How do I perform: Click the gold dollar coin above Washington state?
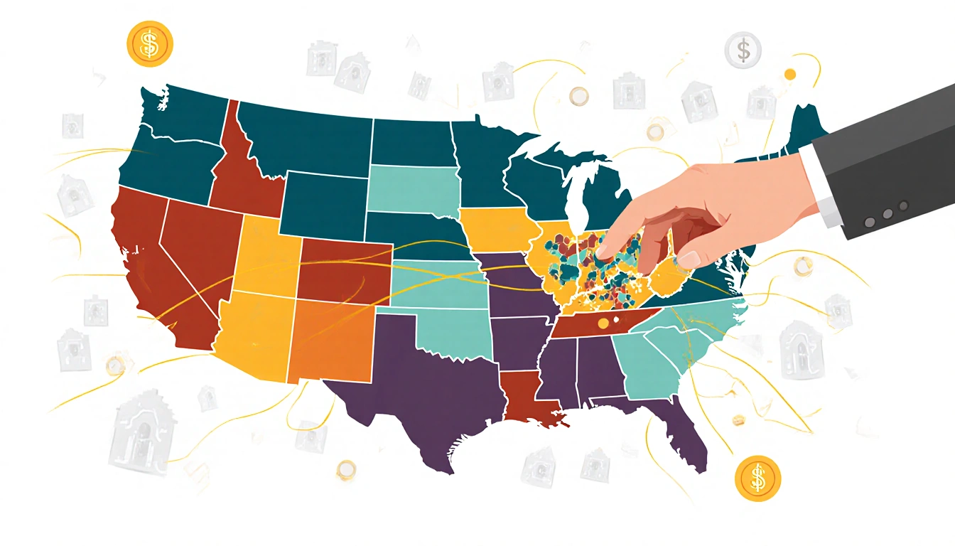point(149,44)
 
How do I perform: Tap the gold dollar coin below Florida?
point(757,478)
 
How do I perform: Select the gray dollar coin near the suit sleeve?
point(743,50)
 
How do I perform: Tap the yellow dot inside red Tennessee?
point(604,323)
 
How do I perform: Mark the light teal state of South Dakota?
point(412,188)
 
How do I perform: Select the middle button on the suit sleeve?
point(887,213)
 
